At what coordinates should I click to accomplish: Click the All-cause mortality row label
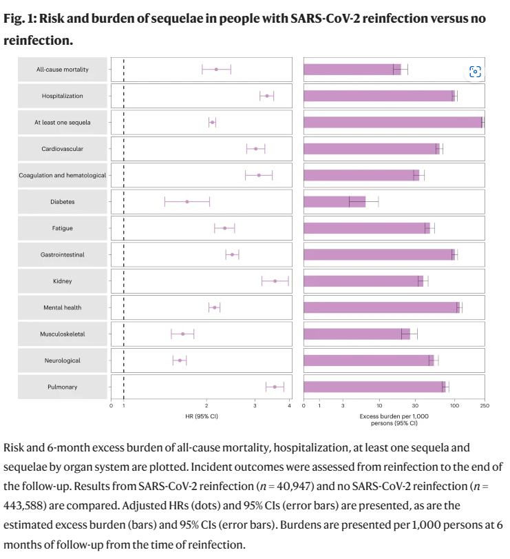63,70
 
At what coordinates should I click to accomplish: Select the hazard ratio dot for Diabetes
187,202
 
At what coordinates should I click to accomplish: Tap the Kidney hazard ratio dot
275,281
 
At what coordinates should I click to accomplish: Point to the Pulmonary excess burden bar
374,387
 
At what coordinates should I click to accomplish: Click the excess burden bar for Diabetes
334,202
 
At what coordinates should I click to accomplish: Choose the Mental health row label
63,307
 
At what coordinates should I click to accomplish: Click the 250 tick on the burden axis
484,406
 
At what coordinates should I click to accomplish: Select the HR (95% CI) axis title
206,416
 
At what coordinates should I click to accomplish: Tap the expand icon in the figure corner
475,72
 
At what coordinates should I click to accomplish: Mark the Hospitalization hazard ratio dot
267,96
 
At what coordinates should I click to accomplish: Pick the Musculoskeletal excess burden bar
357,334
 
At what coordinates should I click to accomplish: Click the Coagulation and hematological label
63,176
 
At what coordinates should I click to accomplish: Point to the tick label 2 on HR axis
206,406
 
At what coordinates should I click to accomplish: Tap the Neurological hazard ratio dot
180,360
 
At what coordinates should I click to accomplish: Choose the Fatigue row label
63,228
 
